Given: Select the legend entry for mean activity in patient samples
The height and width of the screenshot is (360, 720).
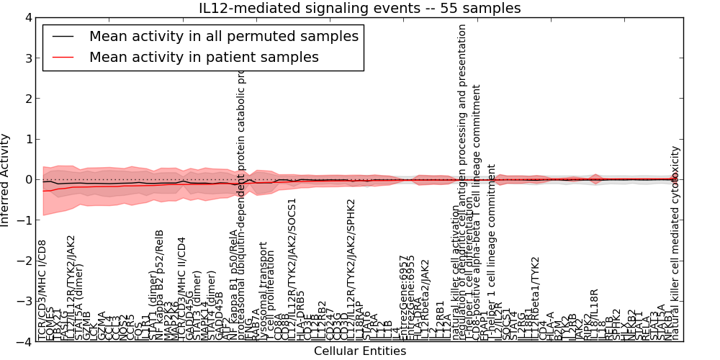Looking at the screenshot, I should [x=204, y=57].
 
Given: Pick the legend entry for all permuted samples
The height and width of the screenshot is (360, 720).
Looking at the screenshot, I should [x=223, y=36].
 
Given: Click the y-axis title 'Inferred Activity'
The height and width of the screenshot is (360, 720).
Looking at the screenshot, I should [x=6, y=180].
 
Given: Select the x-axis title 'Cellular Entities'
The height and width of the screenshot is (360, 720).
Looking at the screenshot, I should [x=360, y=351].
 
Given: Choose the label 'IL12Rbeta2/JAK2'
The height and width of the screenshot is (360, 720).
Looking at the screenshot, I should [x=425, y=300].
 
